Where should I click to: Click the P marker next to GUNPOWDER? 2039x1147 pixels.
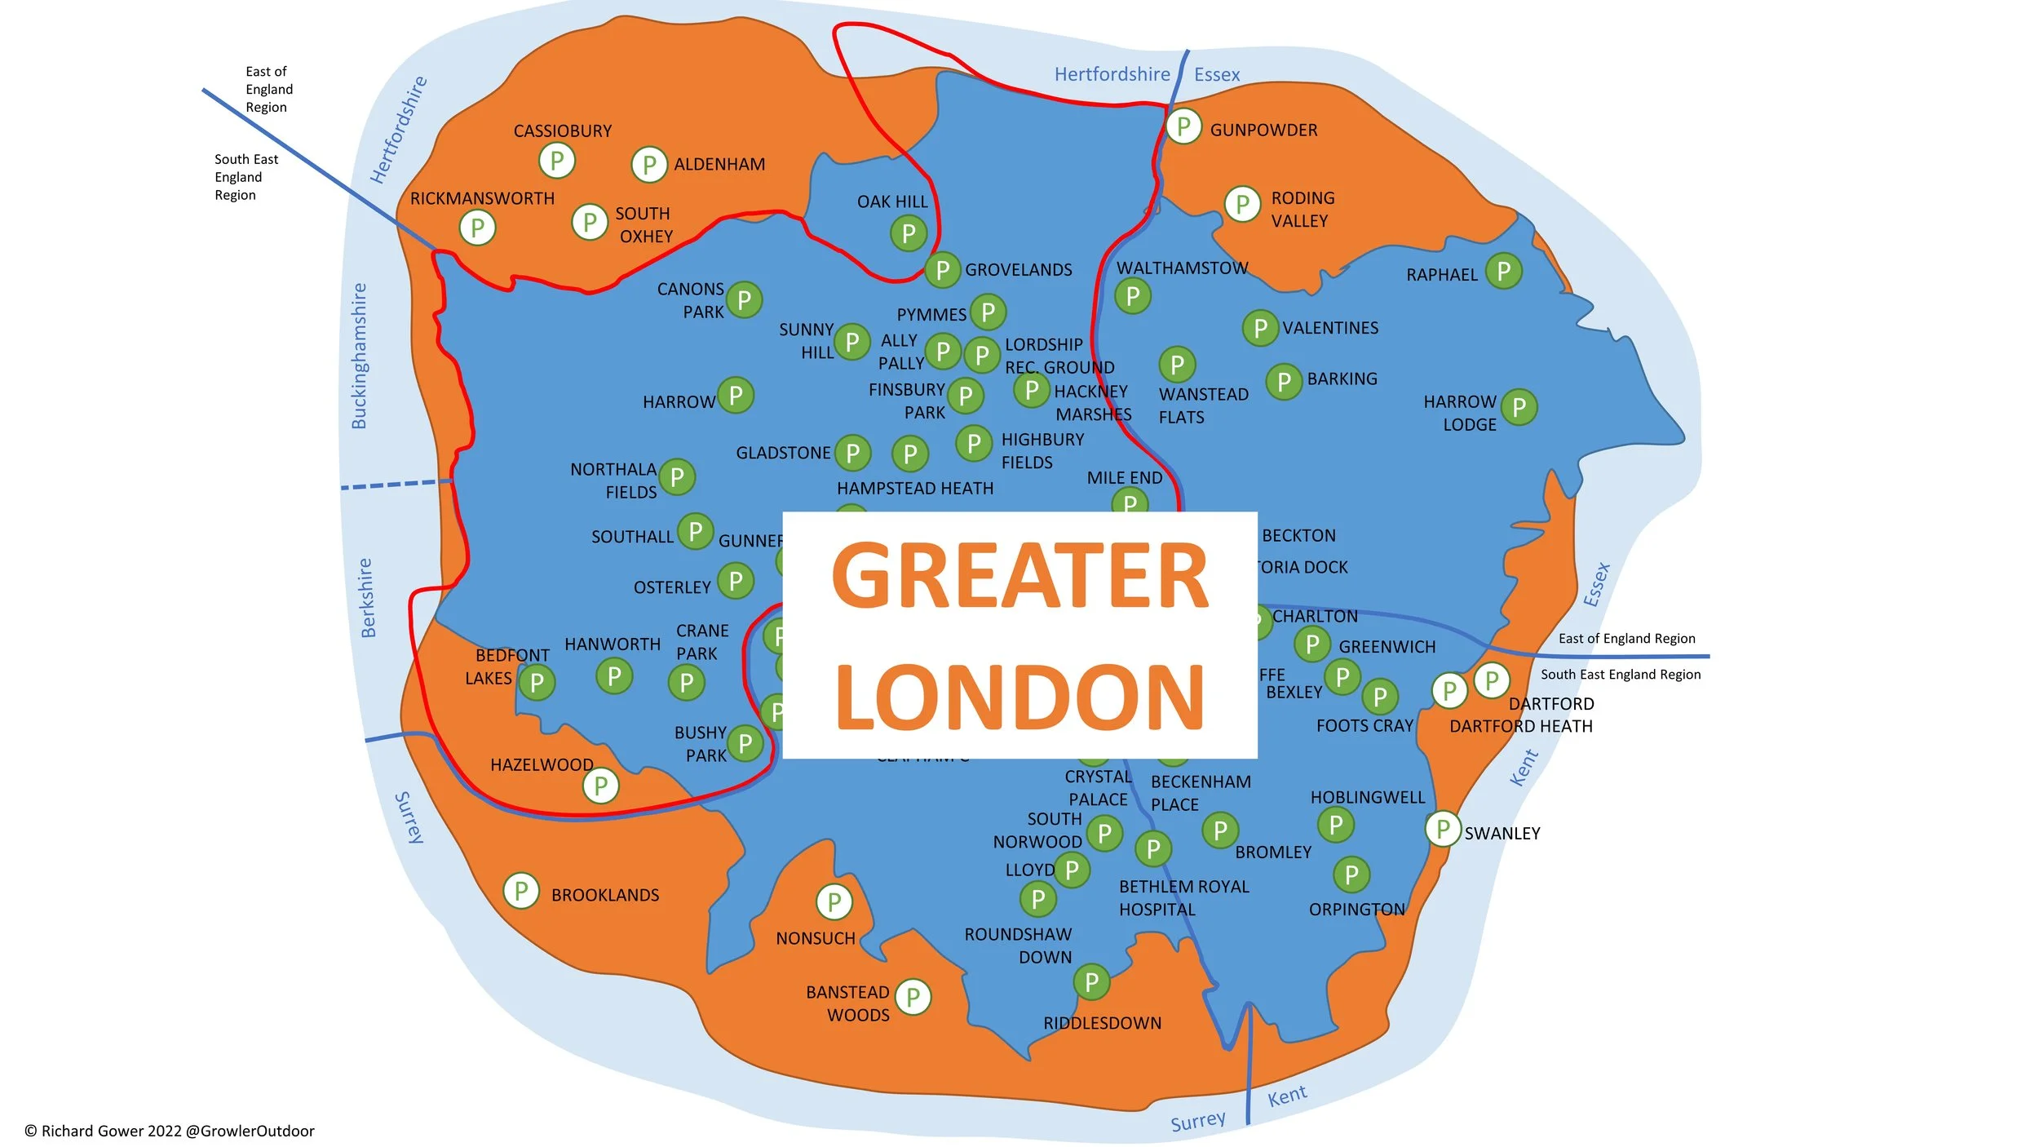coord(1183,126)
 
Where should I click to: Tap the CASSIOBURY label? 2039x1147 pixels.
coord(562,131)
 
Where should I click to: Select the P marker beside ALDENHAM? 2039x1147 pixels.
coord(649,165)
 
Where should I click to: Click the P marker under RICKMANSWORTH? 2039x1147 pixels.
coord(477,228)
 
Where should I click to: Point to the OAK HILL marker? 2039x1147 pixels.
coord(909,233)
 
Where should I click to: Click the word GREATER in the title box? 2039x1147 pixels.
coord(1019,577)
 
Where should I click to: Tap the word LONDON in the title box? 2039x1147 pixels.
coord(1019,697)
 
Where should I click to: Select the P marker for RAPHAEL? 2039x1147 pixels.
coord(1503,271)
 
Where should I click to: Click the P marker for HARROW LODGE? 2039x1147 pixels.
coord(1519,407)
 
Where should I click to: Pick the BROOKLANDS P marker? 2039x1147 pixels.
coord(521,890)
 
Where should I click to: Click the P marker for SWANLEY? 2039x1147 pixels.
coord(1443,829)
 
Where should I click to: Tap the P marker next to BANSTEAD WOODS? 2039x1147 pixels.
coord(913,996)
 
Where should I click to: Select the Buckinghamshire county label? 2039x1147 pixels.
coord(359,356)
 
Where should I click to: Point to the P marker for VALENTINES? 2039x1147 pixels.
coord(1260,328)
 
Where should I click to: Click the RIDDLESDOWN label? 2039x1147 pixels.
coord(1102,1023)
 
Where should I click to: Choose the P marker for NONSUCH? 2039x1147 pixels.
coord(834,901)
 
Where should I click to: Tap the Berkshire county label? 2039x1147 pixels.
coord(367,598)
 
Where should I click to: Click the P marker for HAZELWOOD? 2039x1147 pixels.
coord(600,786)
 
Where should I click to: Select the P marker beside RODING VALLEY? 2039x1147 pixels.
coord(1242,204)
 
